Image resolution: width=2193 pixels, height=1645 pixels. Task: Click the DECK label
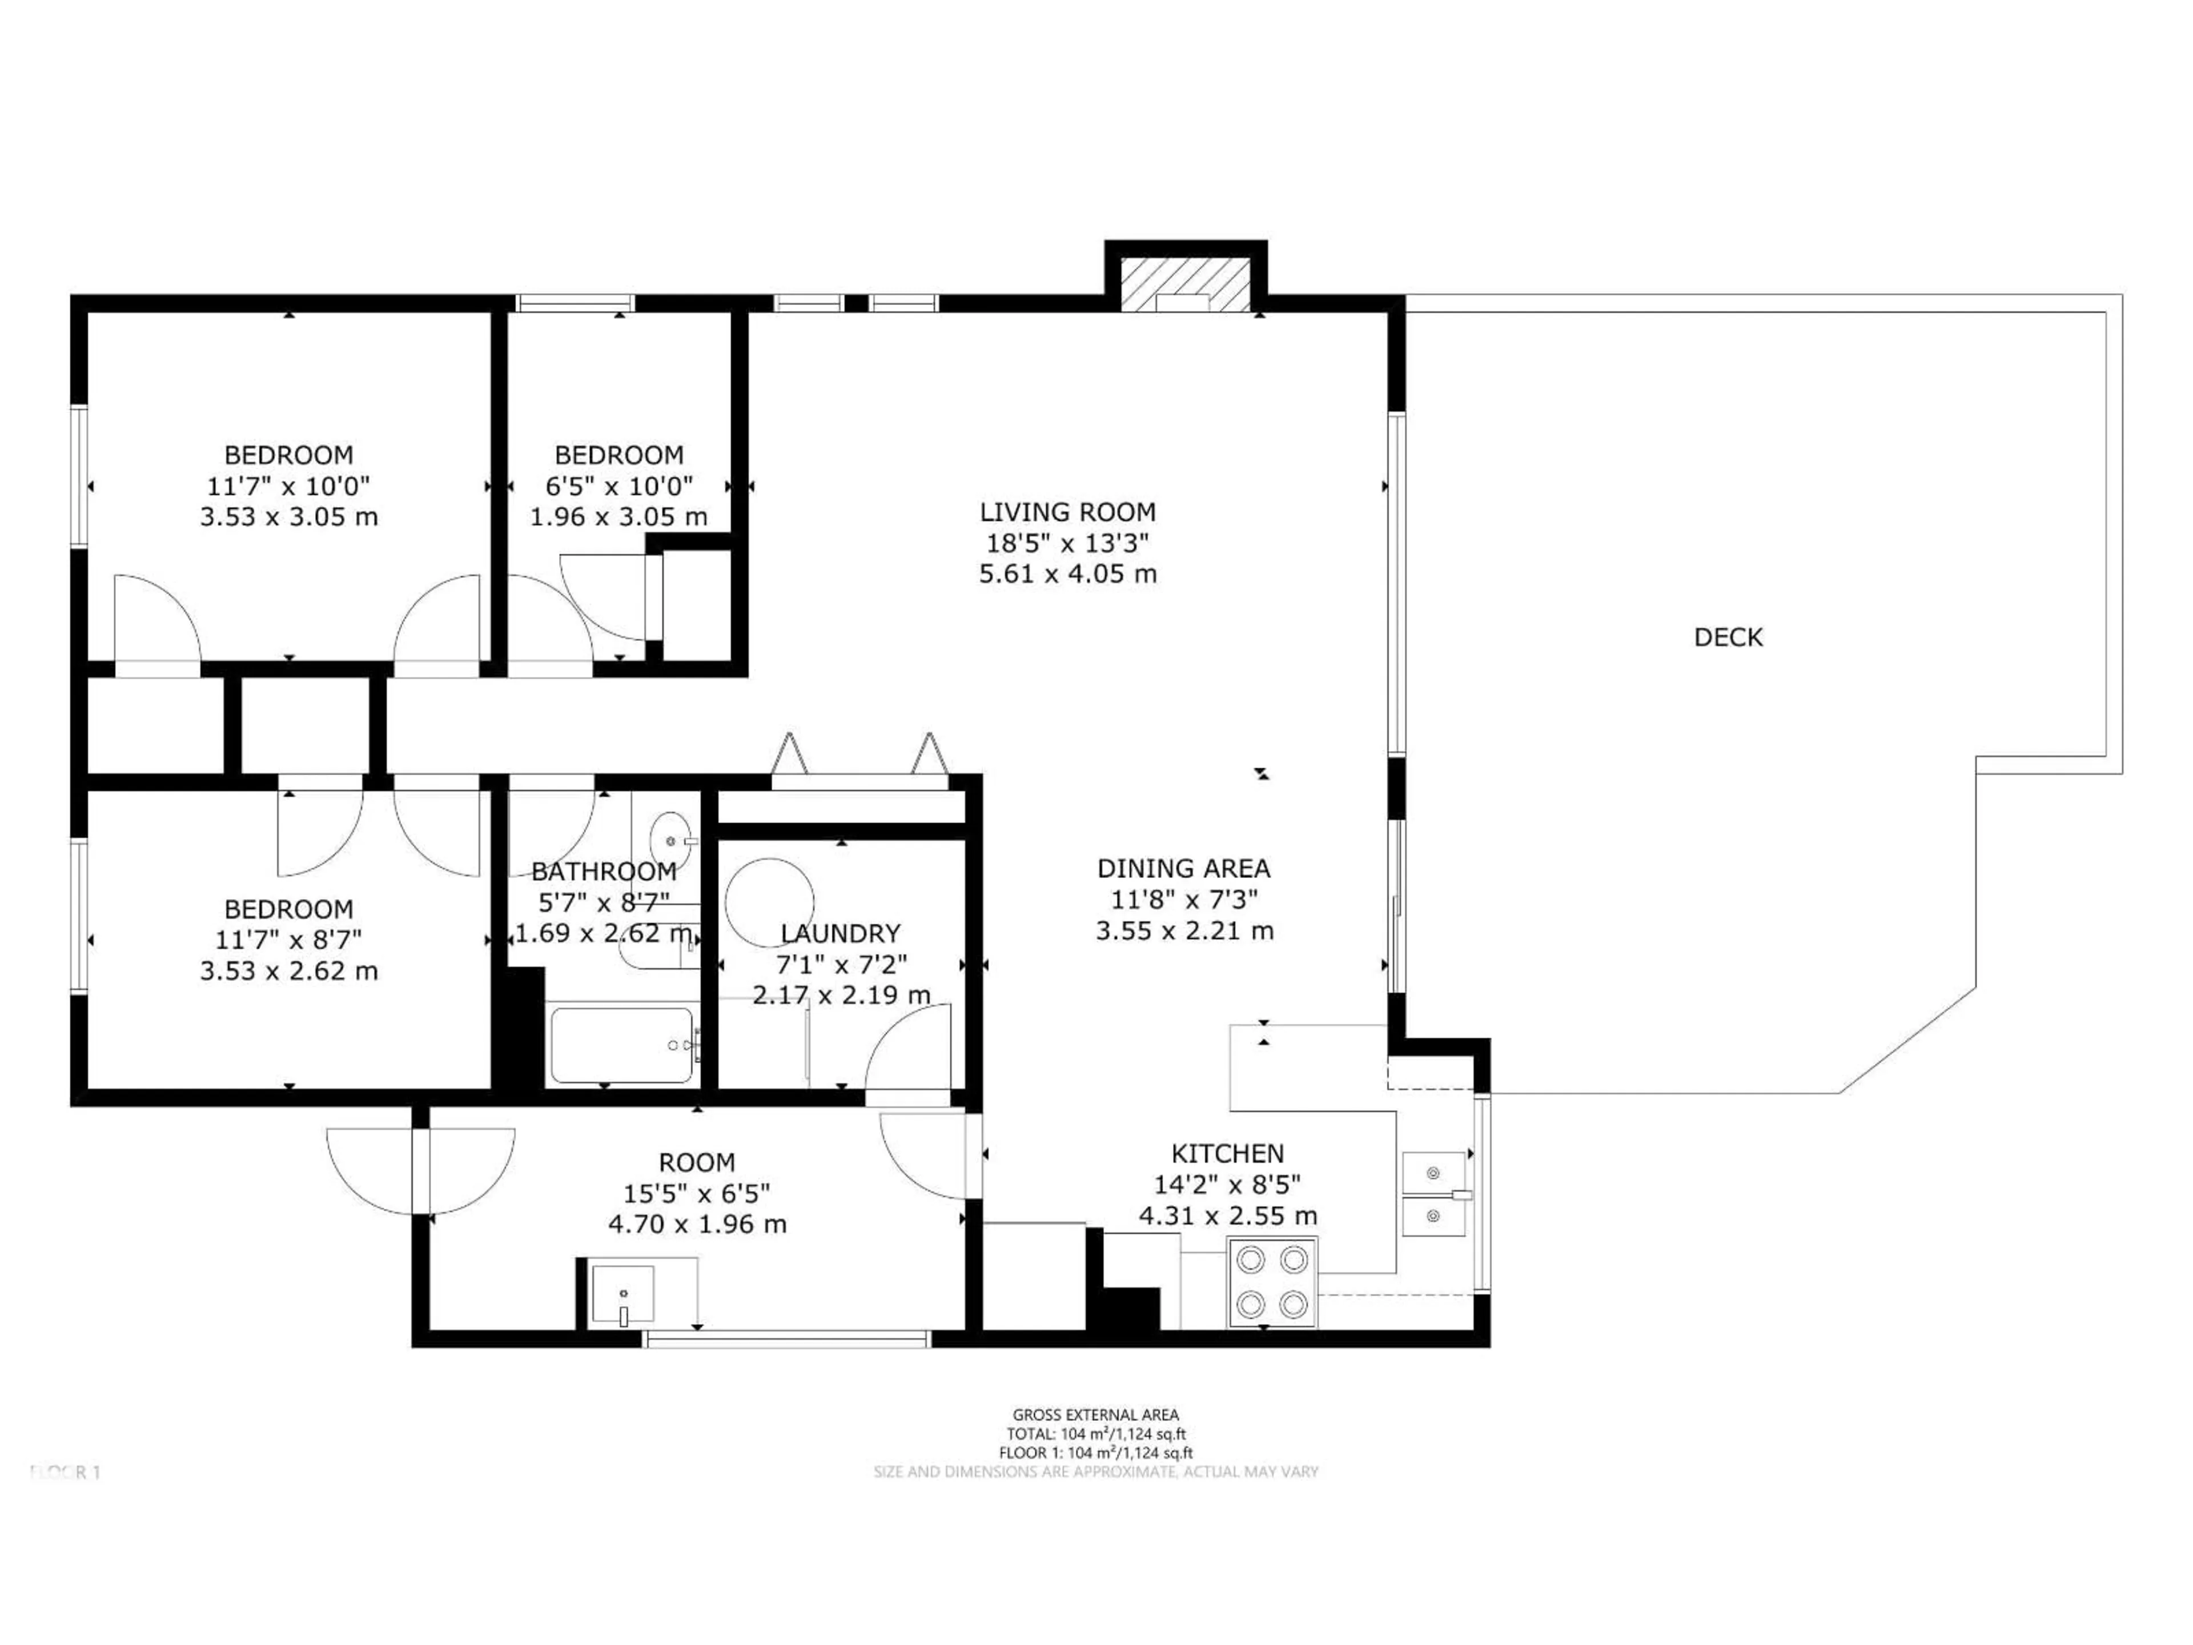tap(1728, 637)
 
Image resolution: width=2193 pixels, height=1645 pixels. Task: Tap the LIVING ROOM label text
tap(1068, 513)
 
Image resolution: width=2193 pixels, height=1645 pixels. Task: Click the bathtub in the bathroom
tap(621, 1045)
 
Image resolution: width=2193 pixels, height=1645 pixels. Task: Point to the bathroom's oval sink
tap(671, 840)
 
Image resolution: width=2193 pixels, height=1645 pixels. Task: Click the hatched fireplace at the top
tap(1185, 287)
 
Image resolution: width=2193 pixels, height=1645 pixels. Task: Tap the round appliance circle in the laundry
tap(769, 902)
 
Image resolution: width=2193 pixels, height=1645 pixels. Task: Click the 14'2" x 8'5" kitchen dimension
tap(1227, 1185)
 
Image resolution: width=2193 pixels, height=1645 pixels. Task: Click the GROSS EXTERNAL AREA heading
tap(1095, 1415)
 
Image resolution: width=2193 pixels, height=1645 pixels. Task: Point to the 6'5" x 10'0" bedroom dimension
tap(618, 486)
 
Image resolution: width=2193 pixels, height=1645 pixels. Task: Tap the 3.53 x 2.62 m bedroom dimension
tap(288, 971)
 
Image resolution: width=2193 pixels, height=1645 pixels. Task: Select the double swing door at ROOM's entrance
tap(421, 1170)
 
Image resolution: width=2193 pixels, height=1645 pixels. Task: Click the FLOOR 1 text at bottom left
tap(66, 1473)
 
